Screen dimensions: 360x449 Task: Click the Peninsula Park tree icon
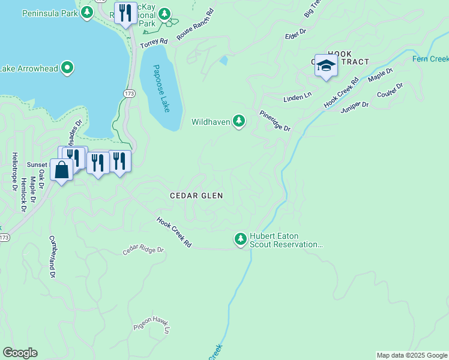point(87,13)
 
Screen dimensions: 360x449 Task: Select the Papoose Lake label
point(160,88)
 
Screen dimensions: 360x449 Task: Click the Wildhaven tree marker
point(239,122)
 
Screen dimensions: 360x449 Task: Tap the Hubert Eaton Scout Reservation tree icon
point(241,240)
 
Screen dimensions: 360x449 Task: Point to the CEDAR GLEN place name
point(196,196)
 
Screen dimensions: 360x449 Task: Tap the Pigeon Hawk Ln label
point(152,324)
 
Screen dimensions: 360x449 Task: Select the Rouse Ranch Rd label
point(195,25)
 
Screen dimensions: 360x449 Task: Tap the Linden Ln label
point(297,96)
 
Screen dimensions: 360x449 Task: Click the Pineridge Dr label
point(275,121)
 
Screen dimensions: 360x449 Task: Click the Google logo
point(20,353)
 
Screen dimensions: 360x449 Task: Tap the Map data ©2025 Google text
point(412,355)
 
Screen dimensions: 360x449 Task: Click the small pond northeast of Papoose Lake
point(224,60)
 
